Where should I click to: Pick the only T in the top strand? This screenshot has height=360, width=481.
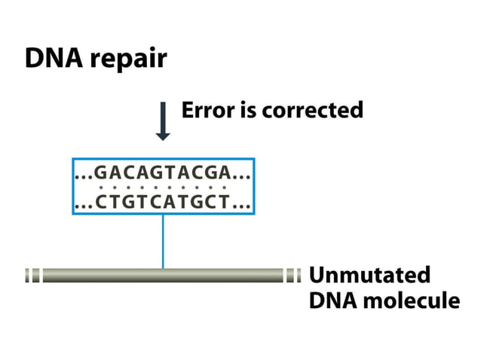click(167, 173)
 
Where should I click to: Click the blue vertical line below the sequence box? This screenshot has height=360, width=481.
click(163, 241)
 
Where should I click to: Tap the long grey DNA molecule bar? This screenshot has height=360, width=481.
click(163, 276)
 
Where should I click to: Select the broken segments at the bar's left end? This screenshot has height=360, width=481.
click(32, 276)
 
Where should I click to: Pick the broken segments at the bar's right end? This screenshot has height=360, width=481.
click(293, 276)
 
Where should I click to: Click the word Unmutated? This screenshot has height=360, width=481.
click(369, 274)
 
